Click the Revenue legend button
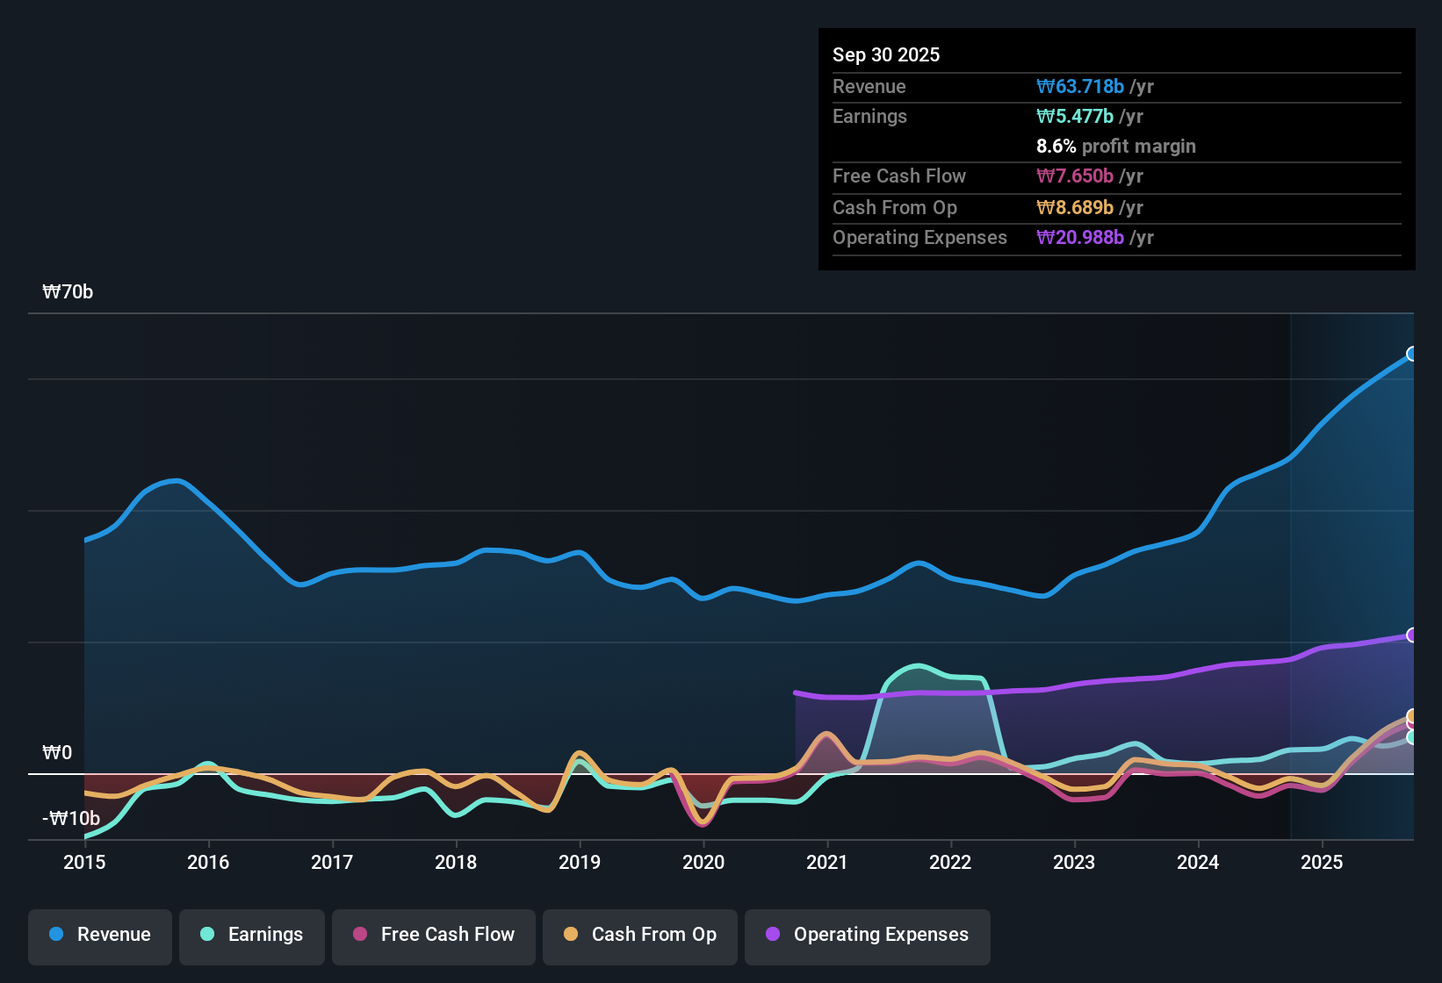[x=100, y=935]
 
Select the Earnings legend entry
[x=252, y=935]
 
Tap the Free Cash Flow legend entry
[x=434, y=935]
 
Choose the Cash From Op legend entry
[x=640, y=935]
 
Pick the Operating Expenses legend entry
[x=868, y=935]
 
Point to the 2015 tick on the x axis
[x=84, y=862]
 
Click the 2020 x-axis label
[x=703, y=862]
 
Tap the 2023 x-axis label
[x=1074, y=862]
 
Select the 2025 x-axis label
[x=1322, y=862]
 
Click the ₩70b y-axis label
[x=68, y=292]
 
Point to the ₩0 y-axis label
[x=57, y=753]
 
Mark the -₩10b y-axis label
[x=71, y=819]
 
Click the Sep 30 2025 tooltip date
[x=886, y=55]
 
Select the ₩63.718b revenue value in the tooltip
[x=1080, y=87]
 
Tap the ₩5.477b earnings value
[x=1075, y=117]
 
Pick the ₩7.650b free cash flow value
[x=1075, y=176]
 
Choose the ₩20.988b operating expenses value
[x=1080, y=238]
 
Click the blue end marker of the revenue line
[x=1412, y=354]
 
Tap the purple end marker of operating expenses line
[x=1412, y=635]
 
